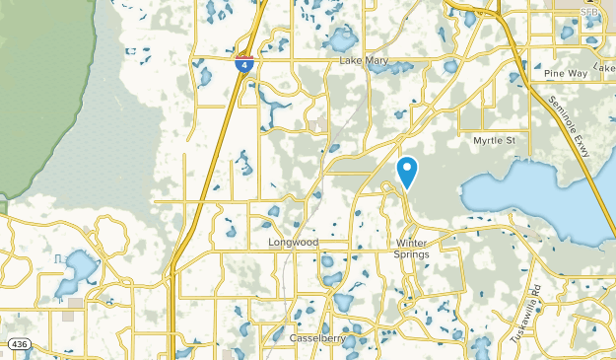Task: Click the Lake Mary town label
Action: [x=365, y=61]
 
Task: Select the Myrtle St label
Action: [x=494, y=141]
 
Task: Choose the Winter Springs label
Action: [x=413, y=249]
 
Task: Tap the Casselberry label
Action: [x=316, y=338]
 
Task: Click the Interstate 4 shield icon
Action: [x=243, y=63]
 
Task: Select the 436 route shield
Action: [x=19, y=344]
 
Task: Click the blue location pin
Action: [x=407, y=172]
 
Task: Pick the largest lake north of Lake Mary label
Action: [x=342, y=39]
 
